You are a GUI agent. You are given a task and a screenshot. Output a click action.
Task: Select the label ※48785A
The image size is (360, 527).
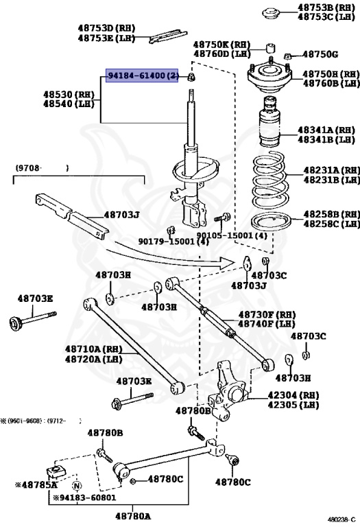point(36,484)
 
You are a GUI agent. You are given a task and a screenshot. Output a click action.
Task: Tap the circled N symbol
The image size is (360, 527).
point(77,486)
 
